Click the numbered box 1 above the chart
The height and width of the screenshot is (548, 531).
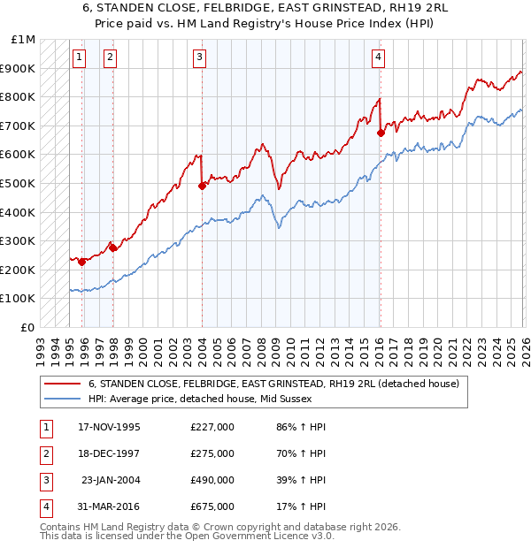[x=80, y=57]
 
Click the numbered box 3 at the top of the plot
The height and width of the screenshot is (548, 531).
[x=199, y=57]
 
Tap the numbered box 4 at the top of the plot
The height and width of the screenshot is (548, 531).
[x=378, y=57]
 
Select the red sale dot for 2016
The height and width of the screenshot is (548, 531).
[x=381, y=133]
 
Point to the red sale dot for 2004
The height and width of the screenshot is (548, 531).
[x=202, y=186]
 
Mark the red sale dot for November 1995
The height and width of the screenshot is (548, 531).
[x=81, y=262]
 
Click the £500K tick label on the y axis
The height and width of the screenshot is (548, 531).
[x=18, y=183]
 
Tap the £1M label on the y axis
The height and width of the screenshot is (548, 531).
[x=24, y=40]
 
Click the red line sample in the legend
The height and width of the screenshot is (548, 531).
[x=63, y=384]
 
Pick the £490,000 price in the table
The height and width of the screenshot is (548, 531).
[x=212, y=480]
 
